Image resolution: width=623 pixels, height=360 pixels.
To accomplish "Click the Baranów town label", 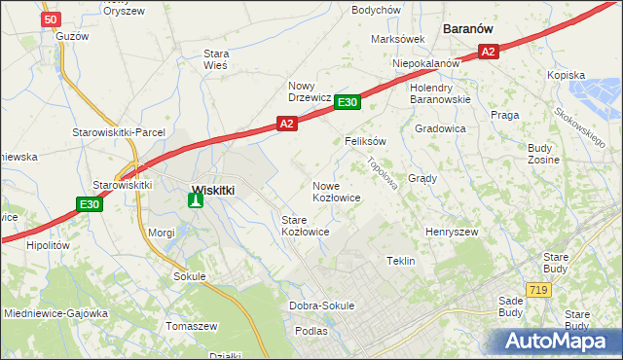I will pos(472,29).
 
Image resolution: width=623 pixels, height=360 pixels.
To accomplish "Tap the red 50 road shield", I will pos(53,19).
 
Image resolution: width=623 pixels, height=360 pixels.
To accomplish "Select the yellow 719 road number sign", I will pos(537,290).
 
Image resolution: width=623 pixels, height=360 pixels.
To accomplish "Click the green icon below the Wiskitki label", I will pos(196,201).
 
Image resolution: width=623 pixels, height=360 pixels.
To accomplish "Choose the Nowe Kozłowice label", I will pos(337,191).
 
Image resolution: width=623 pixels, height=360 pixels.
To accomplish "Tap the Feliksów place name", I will pos(366,141).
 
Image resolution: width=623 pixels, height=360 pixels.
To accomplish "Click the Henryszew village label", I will pos(452,233).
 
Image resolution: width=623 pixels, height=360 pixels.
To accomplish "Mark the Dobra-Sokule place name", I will pos(322,306).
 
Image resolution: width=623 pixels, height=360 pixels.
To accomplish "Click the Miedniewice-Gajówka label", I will pos(55,313).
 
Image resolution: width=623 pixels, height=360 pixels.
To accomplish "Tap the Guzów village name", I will pos(72,35).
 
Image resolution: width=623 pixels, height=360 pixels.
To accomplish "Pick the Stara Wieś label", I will pos(214,59).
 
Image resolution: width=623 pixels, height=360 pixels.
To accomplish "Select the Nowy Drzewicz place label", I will pos(311,90).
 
